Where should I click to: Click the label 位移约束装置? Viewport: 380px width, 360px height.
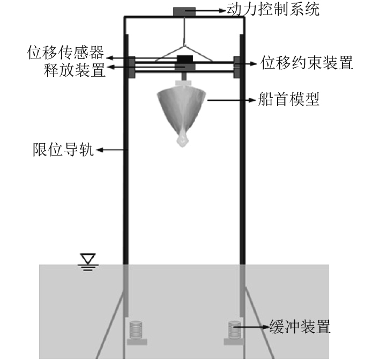(307, 63)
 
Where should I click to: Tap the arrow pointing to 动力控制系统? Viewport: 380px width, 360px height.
(208, 10)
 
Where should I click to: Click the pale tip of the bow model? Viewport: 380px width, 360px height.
(183, 139)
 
